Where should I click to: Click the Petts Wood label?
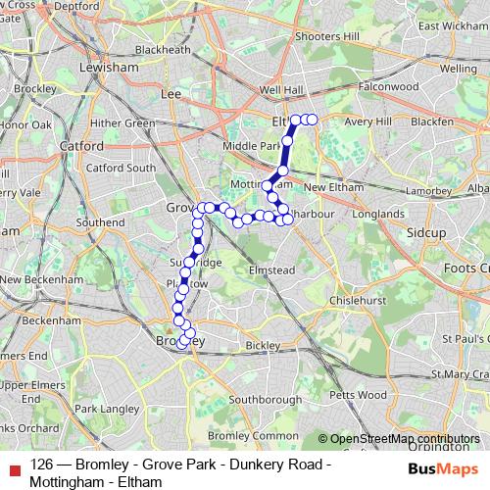(360, 395)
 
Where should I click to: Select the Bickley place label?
(263, 346)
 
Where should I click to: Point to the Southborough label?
(265, 400)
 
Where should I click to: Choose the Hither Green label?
(122, 123)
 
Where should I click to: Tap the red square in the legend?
(11, 465)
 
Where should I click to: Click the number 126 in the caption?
(42, 465)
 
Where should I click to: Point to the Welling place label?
(459, 69)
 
